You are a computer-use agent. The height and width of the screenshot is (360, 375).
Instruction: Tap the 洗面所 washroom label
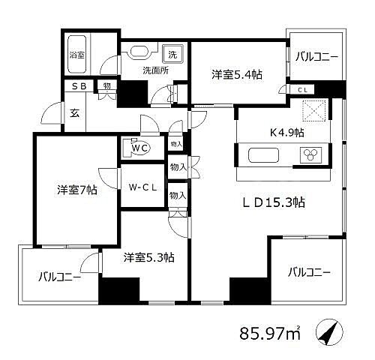(156, 71)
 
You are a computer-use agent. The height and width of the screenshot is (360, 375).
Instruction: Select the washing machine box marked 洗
(172, 53)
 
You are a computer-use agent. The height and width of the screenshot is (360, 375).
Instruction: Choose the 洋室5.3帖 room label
(149, 257)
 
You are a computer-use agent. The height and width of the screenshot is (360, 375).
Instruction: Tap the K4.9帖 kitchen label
(286, 133)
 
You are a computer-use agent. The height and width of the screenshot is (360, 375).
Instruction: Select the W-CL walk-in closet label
(142, 187)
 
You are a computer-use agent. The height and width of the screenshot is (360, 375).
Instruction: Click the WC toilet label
(139, 148)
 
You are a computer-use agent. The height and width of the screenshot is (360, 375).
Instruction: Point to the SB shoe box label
(79, 86)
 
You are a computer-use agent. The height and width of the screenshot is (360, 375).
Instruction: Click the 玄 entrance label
(75, 113)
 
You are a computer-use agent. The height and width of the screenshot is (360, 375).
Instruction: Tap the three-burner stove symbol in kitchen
(310, 157)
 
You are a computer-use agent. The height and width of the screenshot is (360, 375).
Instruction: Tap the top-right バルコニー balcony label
(316, 56)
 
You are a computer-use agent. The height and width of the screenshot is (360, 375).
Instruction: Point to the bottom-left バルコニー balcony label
(59, 277)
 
